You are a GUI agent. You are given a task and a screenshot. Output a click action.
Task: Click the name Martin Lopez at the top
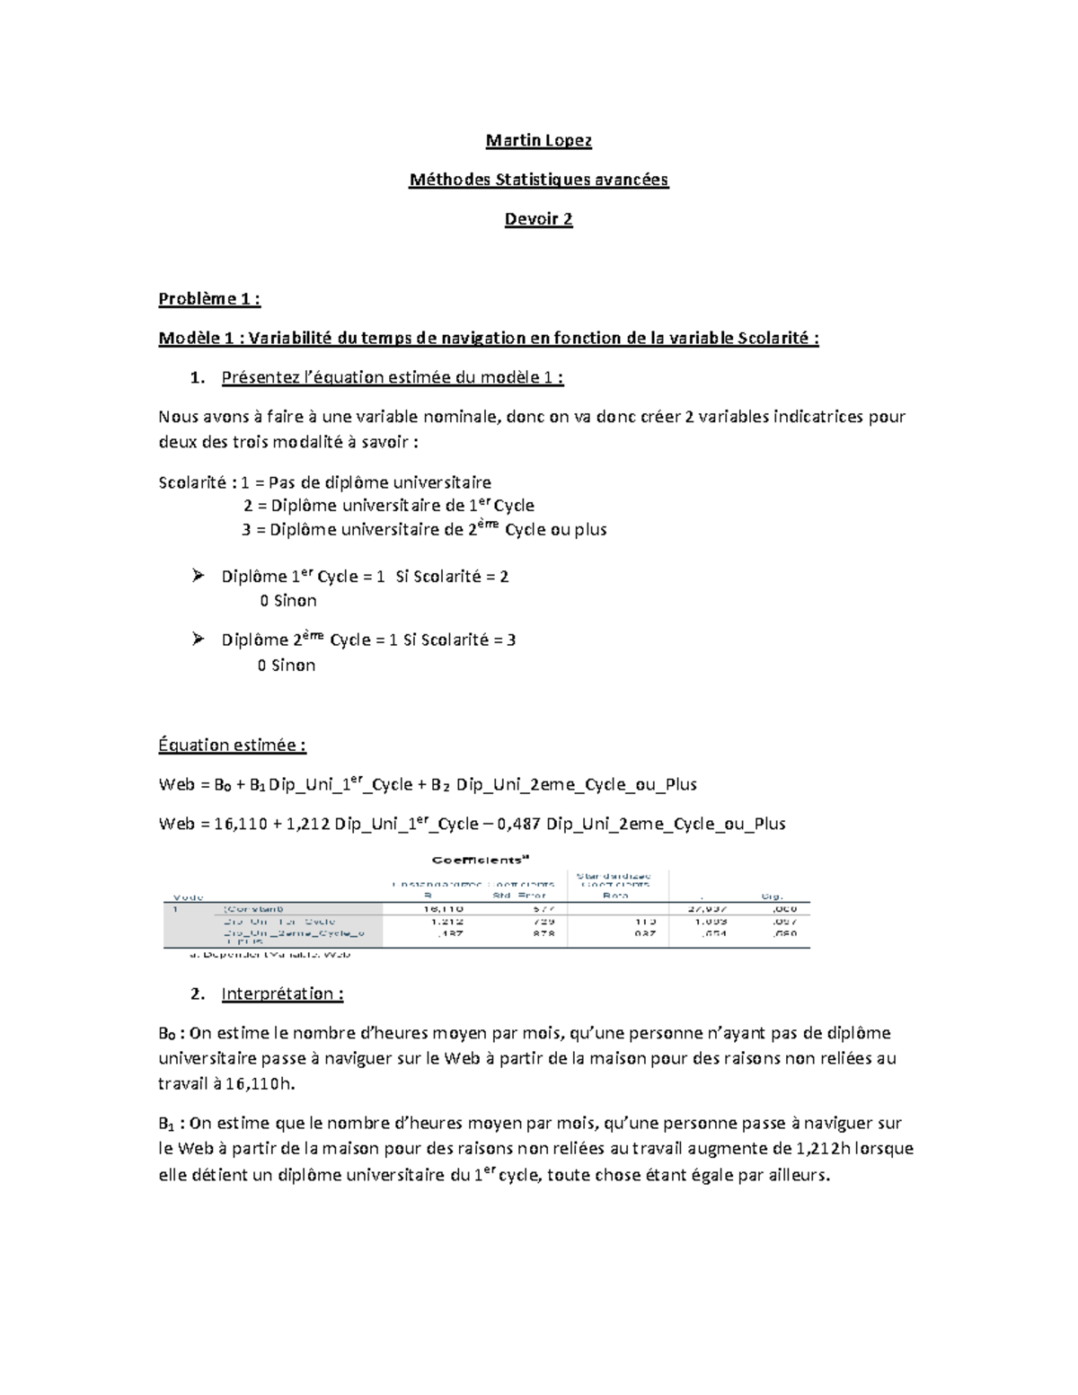pos(538,140)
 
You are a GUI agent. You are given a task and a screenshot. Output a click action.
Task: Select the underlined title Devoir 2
pos(538,219)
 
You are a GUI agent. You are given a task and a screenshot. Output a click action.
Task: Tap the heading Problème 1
pos(209,299)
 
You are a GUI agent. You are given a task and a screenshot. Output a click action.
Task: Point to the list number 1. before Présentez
pos(199,378)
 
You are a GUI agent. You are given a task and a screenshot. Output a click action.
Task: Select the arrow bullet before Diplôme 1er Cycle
pos(199,576)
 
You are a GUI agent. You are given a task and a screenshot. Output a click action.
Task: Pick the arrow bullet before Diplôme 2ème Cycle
pos(199,640)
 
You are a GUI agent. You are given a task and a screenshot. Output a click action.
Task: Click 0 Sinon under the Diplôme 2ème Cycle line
pos(287,666)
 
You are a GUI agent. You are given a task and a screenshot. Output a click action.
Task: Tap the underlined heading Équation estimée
pos(233,746)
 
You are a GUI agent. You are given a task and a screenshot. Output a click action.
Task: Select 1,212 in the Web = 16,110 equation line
pos(308,824)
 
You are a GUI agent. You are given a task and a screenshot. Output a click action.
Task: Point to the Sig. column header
pos(772,896)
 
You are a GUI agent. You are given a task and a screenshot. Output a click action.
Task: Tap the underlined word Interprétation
pos(282,994)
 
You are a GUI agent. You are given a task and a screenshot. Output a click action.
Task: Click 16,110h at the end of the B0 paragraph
pos(260,1084)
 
